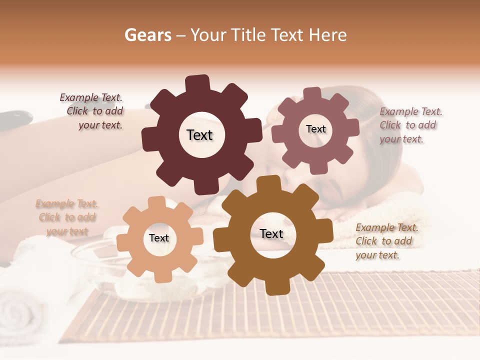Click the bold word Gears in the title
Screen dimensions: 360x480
coord(147,35)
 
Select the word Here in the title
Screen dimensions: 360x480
coord(327,35)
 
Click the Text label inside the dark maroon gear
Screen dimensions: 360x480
coord(200,135)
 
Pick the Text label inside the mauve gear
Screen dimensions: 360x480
coord(315,129)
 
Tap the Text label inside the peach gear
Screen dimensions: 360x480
coord(159,238)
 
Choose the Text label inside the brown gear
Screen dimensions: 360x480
coord(271,233)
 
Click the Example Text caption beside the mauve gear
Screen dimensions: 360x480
coord(410,125)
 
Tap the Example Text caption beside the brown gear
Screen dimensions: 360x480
coord(386,241)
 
